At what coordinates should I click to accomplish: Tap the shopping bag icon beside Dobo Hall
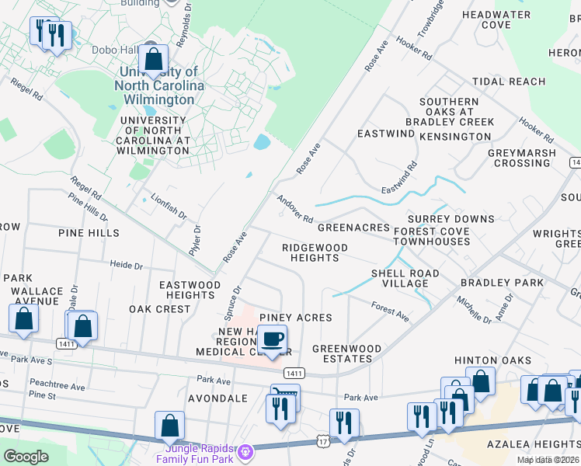(154, 59)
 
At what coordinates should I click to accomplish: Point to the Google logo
(26, 457)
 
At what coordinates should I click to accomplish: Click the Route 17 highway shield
(322, 441)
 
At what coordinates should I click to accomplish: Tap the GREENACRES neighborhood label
(353, 227)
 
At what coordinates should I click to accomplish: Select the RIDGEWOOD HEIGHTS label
(311, 252)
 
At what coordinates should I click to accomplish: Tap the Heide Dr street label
(127, 266)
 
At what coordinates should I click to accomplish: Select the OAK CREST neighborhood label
(160, 309)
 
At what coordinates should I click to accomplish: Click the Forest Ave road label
(390, 311)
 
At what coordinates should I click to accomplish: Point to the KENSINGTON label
(455, 137)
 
